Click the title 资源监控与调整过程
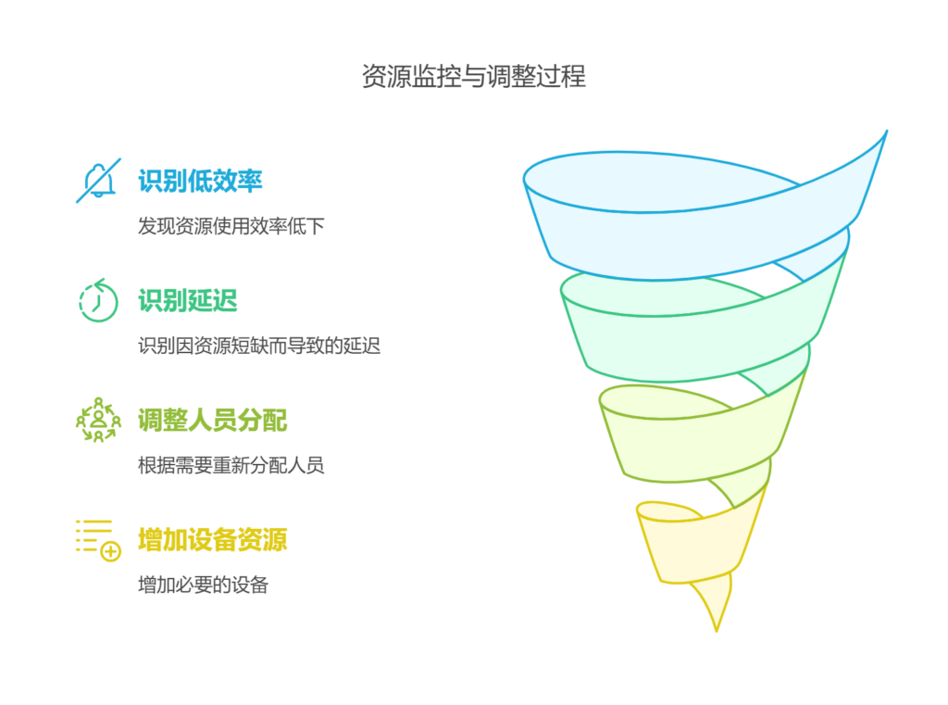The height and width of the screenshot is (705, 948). [x=473, y=76]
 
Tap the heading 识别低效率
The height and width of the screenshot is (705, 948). [x=200, y=181]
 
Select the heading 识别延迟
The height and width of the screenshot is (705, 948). [x=187, y=300]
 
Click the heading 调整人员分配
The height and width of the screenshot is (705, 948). [x=212, y=420]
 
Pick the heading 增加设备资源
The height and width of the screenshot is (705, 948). [x=212, y=539]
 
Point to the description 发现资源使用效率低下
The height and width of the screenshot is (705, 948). [x=231, y=226]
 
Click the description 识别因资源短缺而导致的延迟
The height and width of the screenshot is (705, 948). [x=258, y=346]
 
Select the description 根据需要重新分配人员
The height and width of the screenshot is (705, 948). [x=231, y=465]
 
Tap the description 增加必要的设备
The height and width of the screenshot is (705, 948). [x=203, y=585]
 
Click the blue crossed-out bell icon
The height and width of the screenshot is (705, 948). [x=97, y=181]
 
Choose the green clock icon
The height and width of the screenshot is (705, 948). [x=97, y=300]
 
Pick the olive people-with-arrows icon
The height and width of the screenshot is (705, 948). [x=97, y=420]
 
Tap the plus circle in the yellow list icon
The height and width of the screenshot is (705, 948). [x=111, y=552]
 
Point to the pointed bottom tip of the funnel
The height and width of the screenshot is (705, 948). [x=717, y=630]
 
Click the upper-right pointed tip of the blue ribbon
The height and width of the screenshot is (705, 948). [x=885, y=132]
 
